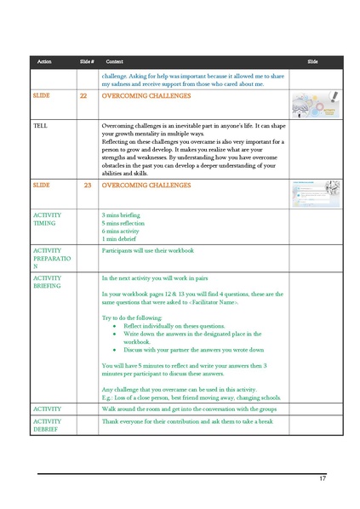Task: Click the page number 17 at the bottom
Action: [323, 478]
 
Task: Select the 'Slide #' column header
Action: [86, 62]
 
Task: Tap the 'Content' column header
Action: [115, 62]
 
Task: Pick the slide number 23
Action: [87, 184]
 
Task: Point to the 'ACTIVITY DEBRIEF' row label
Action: [48, 426]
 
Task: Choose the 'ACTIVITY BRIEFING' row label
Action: [48, 283]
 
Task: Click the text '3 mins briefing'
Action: [121, 215]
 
